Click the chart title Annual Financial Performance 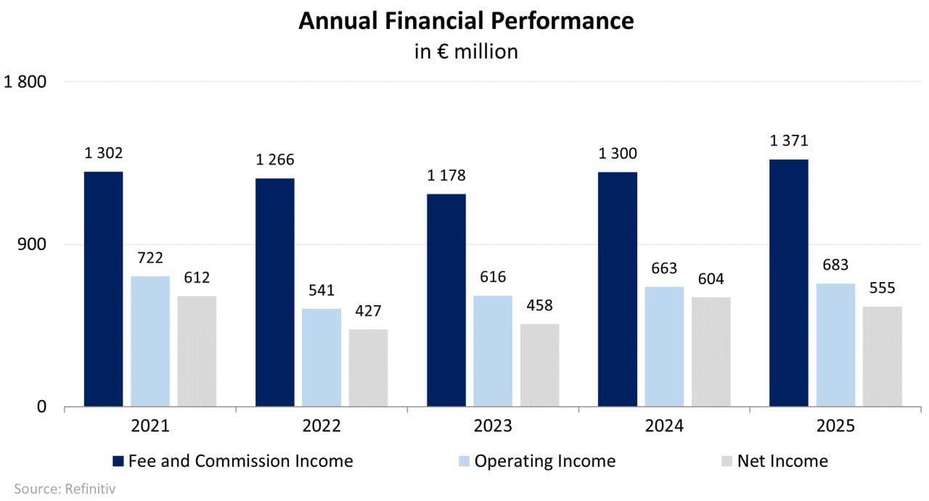click(466, 21)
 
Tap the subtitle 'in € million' click(466, 51)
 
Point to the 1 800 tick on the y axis click(25, 82)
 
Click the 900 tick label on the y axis click(33, 244)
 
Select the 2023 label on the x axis click(493, 426)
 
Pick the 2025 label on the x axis click(835, 426)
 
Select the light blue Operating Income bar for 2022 click(322, 357)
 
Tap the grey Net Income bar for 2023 click(540, 365)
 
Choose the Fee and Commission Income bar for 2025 click(789, 283)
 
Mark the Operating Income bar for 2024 click(664, 346)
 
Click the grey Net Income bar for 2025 click(882, 356)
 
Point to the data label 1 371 click(789, 141)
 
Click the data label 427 click(368, 311)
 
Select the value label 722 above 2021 click(150, 258)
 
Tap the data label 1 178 click(446, 175)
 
